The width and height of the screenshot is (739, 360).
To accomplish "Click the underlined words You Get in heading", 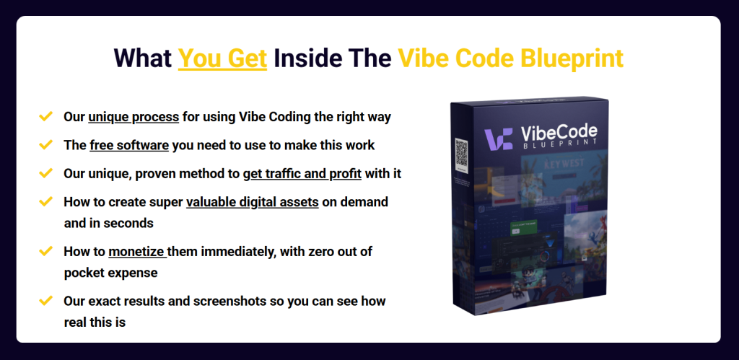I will [222, 58].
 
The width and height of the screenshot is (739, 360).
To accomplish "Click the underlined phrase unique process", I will [133, 116].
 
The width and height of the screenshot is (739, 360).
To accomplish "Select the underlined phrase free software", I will [129, 145].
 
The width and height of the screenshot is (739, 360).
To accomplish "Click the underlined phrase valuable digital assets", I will [252, 201].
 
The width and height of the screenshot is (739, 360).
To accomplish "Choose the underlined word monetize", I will [137, 252].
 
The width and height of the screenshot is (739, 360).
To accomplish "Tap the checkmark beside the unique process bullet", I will [45, 116].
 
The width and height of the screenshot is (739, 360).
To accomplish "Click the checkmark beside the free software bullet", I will [45, 145].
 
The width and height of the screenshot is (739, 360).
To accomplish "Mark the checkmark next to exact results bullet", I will [45, 301].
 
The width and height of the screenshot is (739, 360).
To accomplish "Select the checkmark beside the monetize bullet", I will [45, 252].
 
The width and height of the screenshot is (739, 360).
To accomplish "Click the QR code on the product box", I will [462, 154].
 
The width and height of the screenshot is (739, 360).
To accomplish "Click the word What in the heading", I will [143, 58].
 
